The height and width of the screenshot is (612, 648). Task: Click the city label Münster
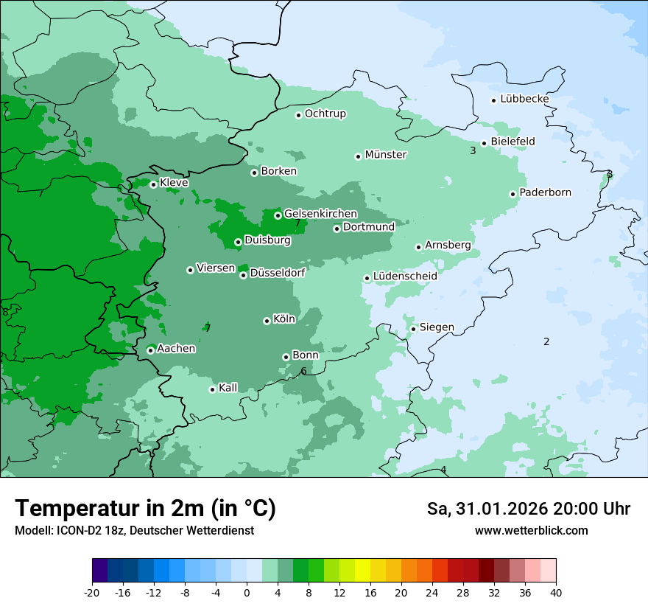click(385, 155)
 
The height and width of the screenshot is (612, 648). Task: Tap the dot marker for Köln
click(267, 321)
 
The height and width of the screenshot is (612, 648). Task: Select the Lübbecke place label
click(524, 99)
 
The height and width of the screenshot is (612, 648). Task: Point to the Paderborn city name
click(545, 192)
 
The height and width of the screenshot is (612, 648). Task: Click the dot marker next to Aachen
click(150, 350)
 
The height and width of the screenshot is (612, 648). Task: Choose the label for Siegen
click(437, 327)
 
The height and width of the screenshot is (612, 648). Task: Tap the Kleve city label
click(174, 183)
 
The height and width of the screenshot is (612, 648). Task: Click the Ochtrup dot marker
click(298, 115)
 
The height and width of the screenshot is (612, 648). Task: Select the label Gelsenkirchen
click(320, 214)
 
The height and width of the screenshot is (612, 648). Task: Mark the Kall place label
click(228, 388)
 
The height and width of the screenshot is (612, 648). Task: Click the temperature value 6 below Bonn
click(303, 371)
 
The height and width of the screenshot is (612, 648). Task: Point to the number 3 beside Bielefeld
click(473, 151)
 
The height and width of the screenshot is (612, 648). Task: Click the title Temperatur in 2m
click(145, 509)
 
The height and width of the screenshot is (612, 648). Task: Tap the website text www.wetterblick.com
click(531, 531)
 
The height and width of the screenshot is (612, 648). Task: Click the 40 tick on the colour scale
click(555, 592)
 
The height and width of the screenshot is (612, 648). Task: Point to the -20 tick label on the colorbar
click(92, 592)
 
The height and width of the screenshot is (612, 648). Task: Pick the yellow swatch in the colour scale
click(362, 571)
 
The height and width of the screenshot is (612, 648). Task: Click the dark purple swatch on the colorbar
click(99, 571)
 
